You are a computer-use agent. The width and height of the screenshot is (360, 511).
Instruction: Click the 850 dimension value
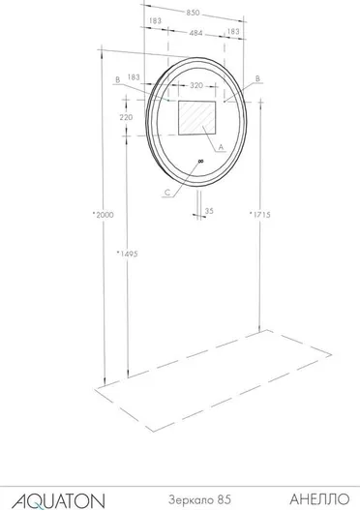point(193,13)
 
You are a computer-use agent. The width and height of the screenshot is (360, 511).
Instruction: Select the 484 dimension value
point(195,33)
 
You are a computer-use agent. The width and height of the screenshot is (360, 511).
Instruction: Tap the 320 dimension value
point(196,85)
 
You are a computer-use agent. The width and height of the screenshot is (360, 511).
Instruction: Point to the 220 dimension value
point(126,117)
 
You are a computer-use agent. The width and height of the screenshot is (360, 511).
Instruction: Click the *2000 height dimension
point(103,215)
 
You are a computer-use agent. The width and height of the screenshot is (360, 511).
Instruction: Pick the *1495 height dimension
point(128,254)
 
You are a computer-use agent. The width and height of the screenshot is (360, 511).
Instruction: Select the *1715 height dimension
point(260,215)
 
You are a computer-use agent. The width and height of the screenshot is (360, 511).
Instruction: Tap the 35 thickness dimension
point(209,211)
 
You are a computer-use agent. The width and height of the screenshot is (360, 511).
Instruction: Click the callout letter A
point(222,147)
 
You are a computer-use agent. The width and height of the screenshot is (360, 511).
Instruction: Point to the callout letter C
point(167,193)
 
